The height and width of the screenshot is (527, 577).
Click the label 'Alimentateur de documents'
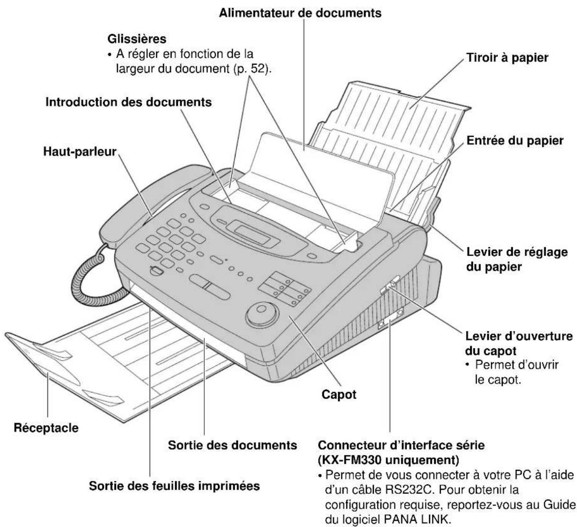300,13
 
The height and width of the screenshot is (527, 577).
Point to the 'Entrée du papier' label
515,141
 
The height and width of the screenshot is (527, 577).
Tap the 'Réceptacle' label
46,428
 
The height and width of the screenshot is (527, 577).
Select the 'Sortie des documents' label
233,445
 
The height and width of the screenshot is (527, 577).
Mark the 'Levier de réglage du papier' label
517,259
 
